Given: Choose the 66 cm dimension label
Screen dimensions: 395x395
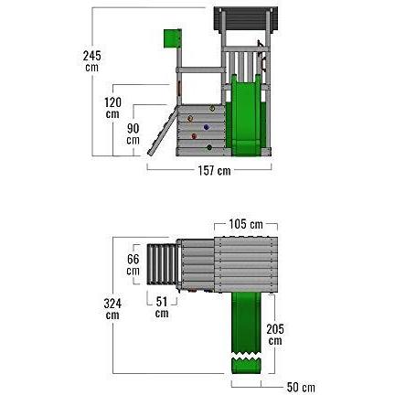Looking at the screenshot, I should click(133, 265).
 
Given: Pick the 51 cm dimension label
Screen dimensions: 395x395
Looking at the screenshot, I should click(162, 307).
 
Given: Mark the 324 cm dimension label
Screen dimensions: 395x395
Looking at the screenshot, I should click(112, 308).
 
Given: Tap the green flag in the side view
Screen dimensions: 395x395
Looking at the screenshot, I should click(168, 37).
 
